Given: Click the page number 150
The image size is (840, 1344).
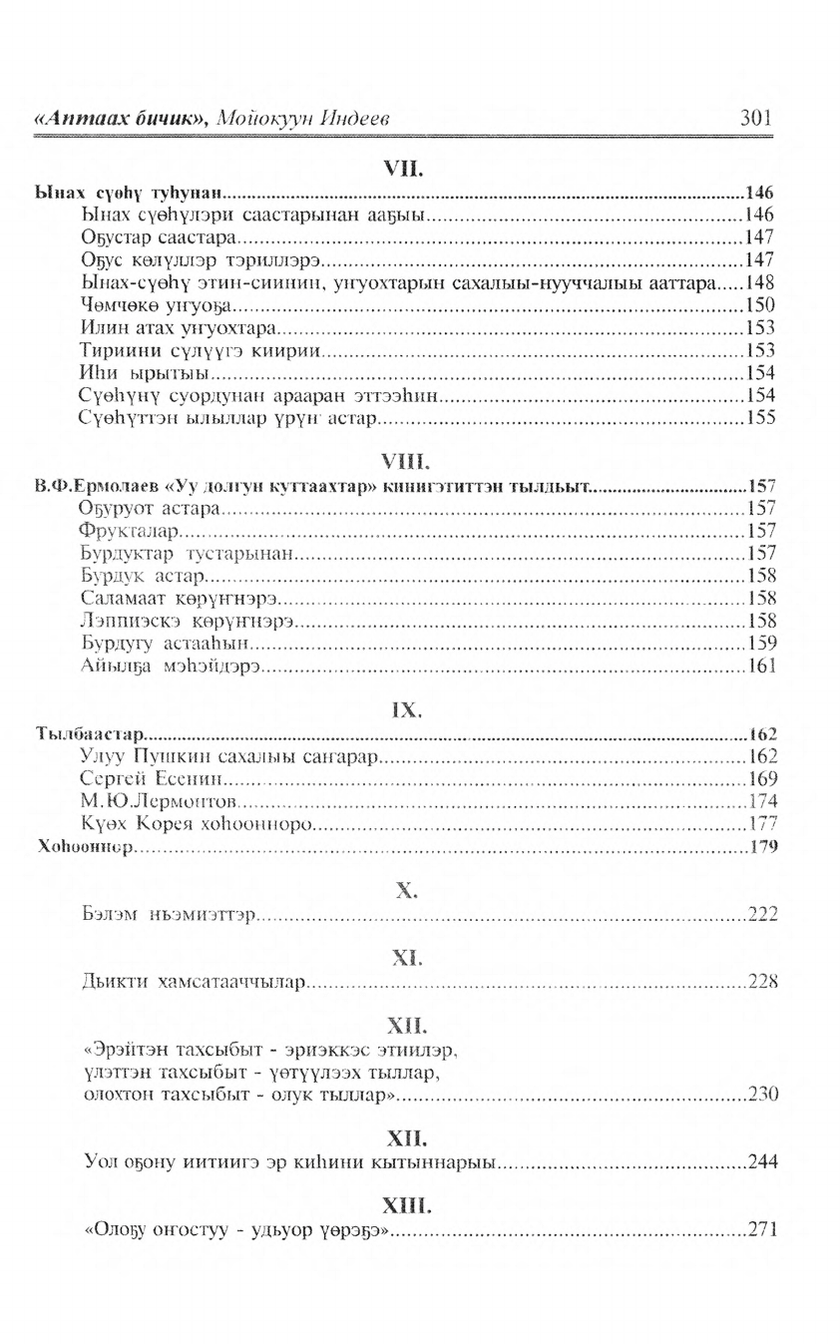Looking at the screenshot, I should tap(760, 305).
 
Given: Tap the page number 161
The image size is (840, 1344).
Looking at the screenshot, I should tap(761, 666).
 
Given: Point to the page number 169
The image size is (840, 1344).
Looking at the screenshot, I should tap(762, 779).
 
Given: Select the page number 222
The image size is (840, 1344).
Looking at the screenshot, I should tap(762, 914).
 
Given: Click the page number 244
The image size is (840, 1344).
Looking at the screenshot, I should tap(762, 1161).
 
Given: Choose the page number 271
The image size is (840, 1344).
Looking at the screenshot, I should tap(762, 1230).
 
